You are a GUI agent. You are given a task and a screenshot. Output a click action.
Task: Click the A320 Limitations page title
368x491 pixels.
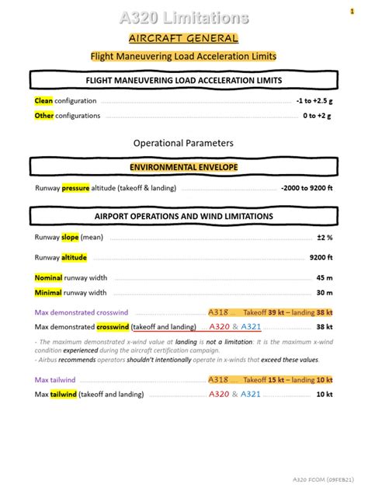[184, 17]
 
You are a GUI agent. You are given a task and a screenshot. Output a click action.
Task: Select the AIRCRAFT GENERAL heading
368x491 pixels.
[184, 38]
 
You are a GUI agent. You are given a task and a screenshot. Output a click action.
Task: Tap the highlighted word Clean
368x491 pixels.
[43, 101]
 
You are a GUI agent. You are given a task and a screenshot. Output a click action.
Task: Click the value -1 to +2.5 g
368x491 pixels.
[313, 101]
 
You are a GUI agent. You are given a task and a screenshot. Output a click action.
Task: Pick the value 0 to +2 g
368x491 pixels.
[317, 116]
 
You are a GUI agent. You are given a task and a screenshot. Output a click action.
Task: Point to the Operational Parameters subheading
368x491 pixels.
[183, 143]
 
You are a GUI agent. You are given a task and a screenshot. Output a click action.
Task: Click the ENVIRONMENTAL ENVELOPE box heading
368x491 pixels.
[184, 167]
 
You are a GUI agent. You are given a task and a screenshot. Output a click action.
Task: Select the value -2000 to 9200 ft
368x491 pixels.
[307, 188]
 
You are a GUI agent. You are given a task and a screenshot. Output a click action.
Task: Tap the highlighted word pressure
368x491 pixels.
[76, 188]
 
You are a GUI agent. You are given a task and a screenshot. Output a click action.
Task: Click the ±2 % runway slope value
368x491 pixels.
[325, 238]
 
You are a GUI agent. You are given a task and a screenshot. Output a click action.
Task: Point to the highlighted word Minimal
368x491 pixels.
[48, 293]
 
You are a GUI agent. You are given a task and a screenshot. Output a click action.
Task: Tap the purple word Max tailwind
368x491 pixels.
[55, 380]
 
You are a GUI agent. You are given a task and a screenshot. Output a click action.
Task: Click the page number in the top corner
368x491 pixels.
[352, 11]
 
